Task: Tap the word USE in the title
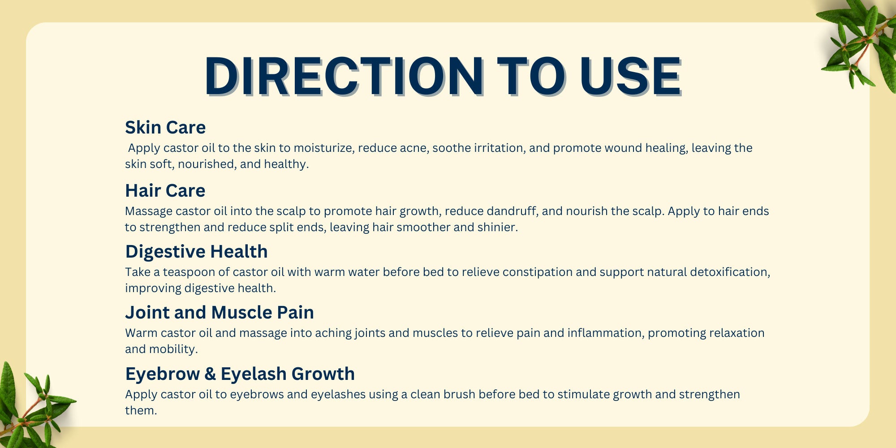click(x=631, y=76)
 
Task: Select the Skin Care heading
click(x=165, y=128)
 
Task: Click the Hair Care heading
click(x=165, y=191)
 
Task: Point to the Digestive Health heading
click(x=196, y=252)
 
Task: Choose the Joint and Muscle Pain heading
click(x=220, y=313)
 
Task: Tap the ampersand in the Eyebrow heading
click(x=210, y=374)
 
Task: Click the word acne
click(x=413, y=148)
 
